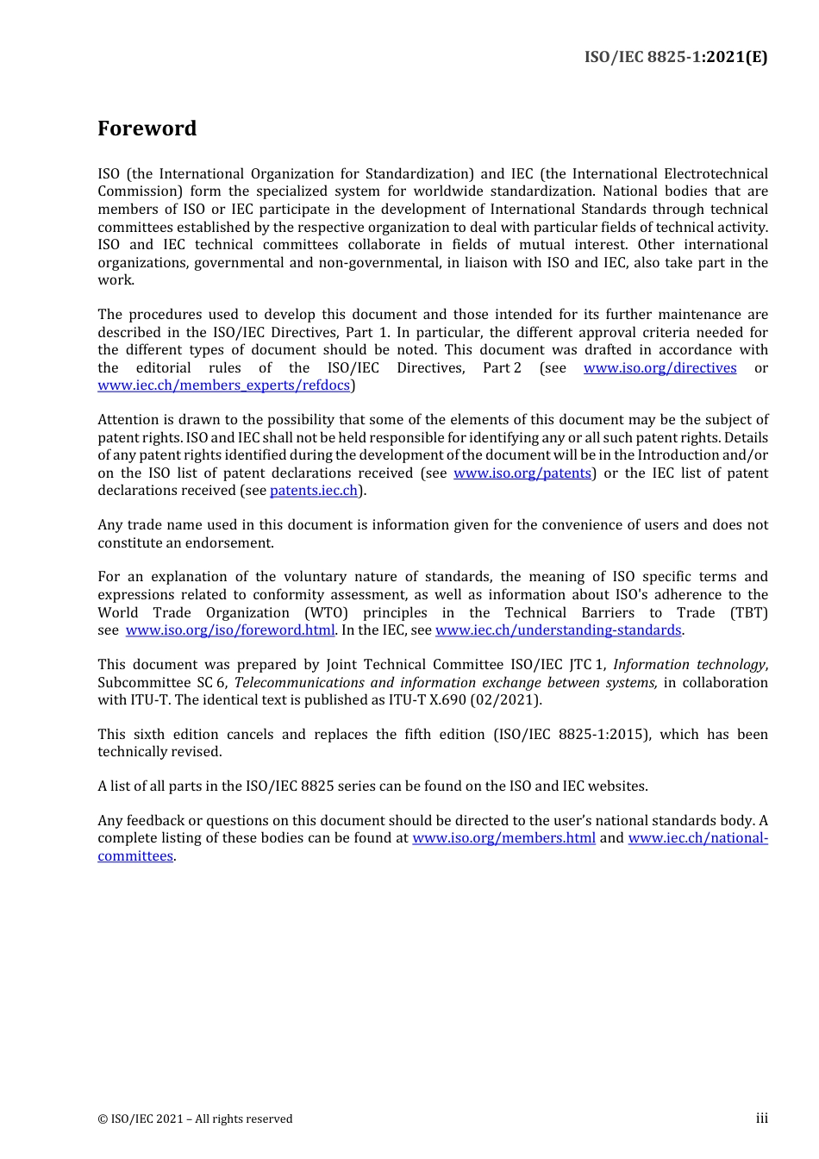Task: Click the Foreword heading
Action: [x=147, y=128]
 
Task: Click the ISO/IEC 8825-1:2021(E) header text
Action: [x=675, y=57]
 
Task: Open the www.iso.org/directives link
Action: [x=660, y=368]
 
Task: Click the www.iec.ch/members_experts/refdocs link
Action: [x=223, y=385]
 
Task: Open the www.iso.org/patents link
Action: [x=522, y=473]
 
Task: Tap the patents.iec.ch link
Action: [x=314, y=491]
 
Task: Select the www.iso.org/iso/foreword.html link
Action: [x=229, y=630]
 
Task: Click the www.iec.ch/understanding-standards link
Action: [x=558, y=630]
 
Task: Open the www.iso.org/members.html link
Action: [x=503, y=838]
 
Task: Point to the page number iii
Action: [x=761, y=1118]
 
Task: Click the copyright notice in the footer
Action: [x=195, y=1119]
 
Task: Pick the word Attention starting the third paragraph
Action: [x=128, y=420]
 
